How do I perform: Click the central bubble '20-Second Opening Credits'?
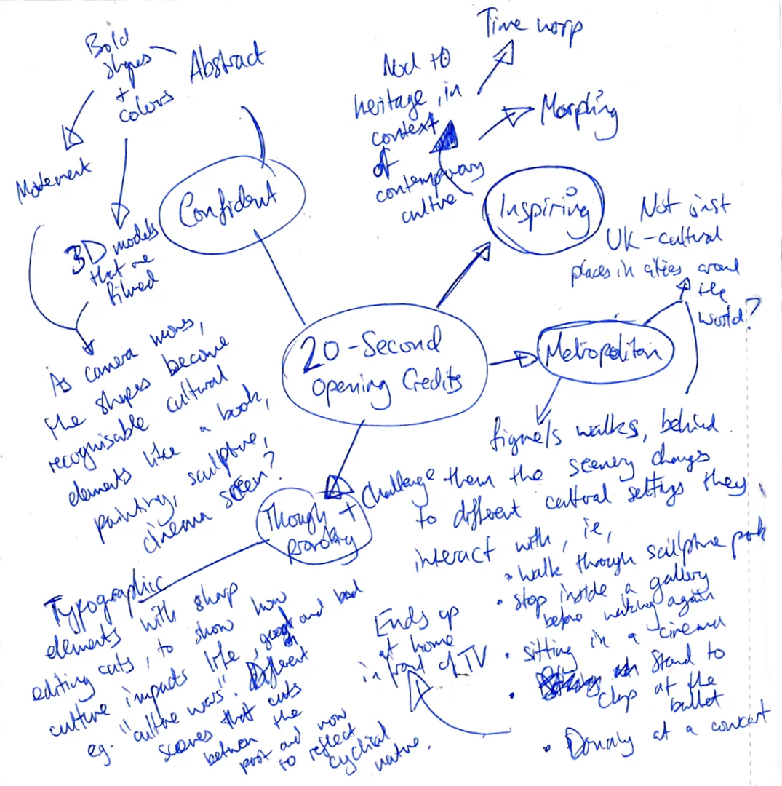click(x=383, y=368)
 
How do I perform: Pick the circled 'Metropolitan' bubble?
click(x=605, y=352)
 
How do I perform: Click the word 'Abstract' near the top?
click(x=226, y=65)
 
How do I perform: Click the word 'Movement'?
click(x=55, y=178)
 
